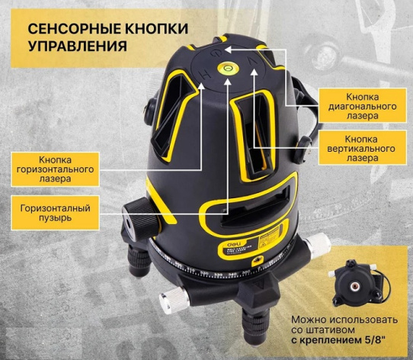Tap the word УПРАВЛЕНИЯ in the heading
click(77, 47)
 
